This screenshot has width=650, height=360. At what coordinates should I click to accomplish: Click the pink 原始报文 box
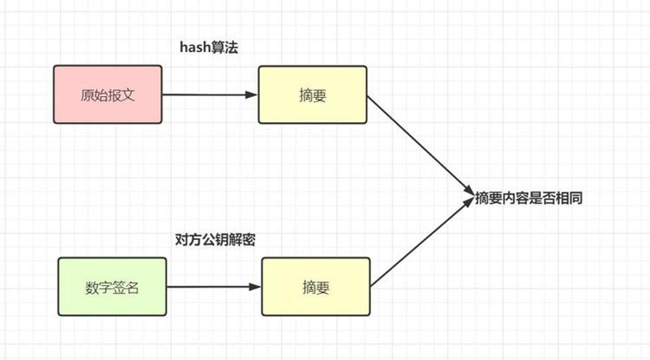108,95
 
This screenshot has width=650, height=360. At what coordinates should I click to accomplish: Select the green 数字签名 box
113,287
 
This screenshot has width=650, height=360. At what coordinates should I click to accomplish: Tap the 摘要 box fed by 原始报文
313,95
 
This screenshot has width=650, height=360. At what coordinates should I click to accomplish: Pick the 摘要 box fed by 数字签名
316,287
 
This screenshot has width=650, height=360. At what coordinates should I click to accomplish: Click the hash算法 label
209,47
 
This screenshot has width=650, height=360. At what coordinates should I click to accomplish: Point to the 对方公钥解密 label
215,240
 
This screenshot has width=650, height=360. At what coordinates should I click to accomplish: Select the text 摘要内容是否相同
529,198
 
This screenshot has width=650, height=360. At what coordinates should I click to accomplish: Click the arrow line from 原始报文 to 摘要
210,95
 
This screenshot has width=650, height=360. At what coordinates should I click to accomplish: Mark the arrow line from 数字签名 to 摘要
214,287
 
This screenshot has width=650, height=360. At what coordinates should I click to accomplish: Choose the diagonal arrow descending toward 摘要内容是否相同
421,145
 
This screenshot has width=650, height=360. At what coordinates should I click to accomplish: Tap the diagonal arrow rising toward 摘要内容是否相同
422,242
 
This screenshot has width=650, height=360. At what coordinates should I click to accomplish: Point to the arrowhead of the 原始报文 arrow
251,95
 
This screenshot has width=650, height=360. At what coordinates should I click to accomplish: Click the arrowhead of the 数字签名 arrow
255,287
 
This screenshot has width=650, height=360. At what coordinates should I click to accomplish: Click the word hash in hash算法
195,47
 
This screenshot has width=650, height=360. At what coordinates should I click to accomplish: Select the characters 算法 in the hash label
225,47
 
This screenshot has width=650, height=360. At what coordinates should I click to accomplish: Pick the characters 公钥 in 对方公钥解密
215,240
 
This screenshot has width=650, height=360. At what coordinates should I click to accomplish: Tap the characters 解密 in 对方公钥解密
242,240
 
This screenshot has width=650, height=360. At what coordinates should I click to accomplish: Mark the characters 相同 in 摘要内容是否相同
569,198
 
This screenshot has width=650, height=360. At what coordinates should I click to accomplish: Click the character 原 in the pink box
87,95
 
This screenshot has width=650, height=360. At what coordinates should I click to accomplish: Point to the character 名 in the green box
132,287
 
